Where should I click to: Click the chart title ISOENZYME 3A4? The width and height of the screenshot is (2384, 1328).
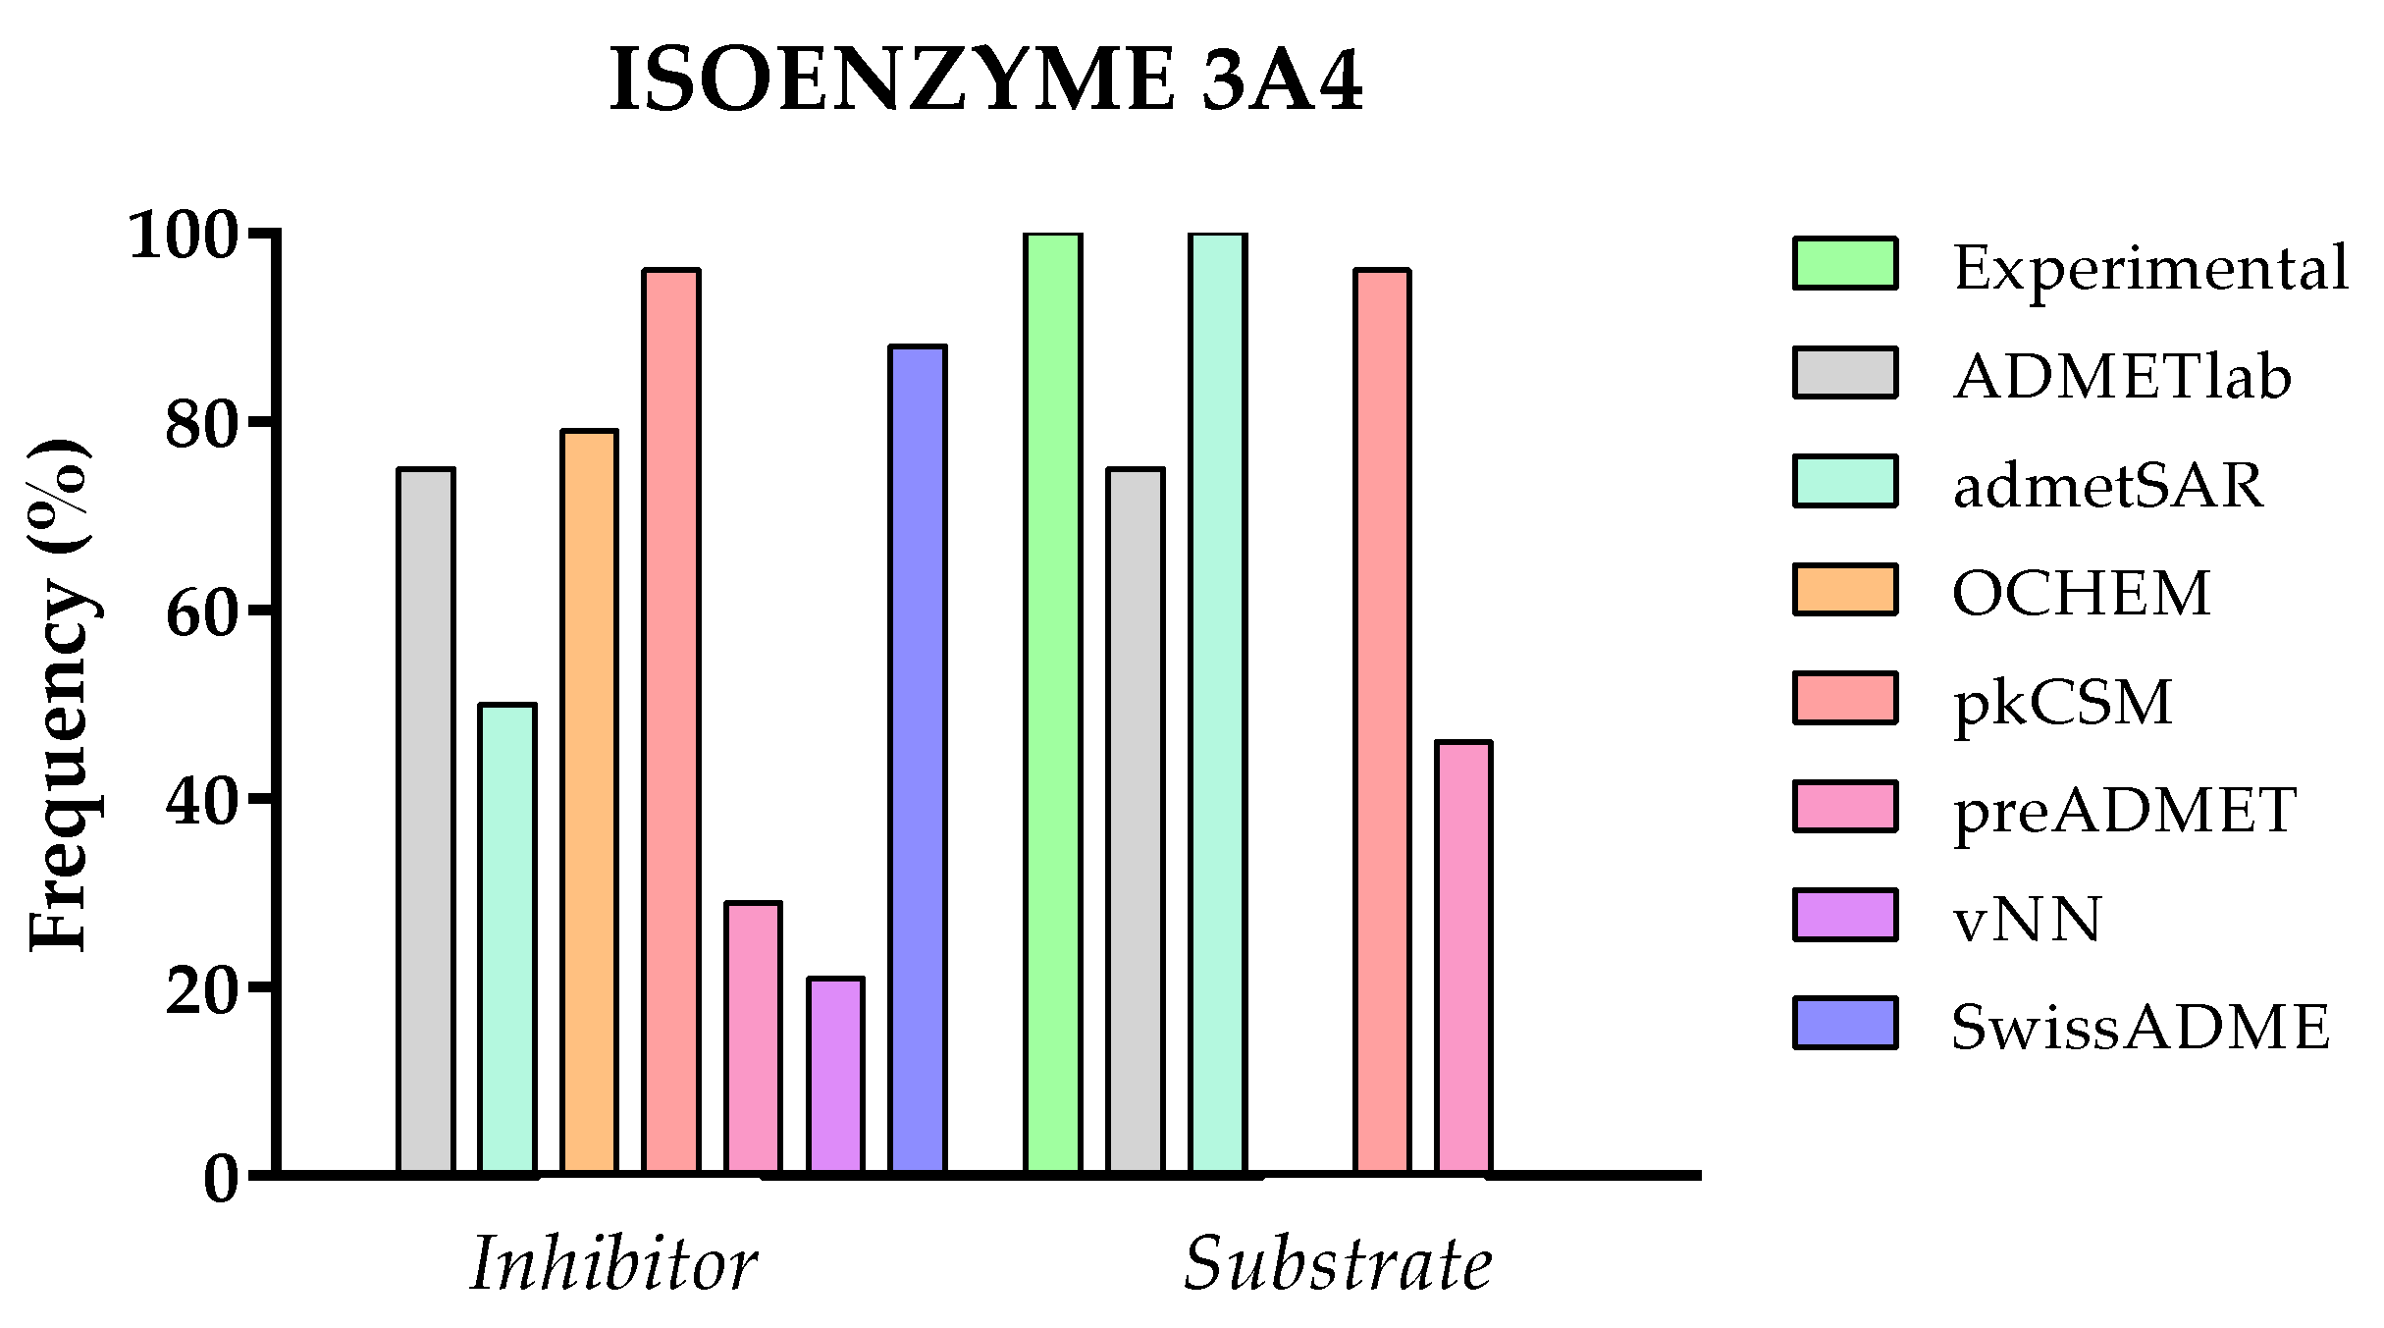985,80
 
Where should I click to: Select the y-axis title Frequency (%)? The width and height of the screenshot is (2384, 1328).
61,695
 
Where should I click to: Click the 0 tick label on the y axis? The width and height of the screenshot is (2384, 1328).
221,1179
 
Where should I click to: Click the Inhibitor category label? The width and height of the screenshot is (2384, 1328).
613,1263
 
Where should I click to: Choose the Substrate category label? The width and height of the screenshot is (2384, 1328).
1338,1263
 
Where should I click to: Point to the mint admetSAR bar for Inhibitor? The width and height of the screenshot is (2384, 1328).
507,937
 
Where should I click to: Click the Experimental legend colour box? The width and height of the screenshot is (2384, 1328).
1845,264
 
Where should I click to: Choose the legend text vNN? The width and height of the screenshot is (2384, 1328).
2028,920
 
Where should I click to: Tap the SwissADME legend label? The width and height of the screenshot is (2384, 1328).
2140,1028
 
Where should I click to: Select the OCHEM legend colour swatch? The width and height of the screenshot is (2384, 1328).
1845,590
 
